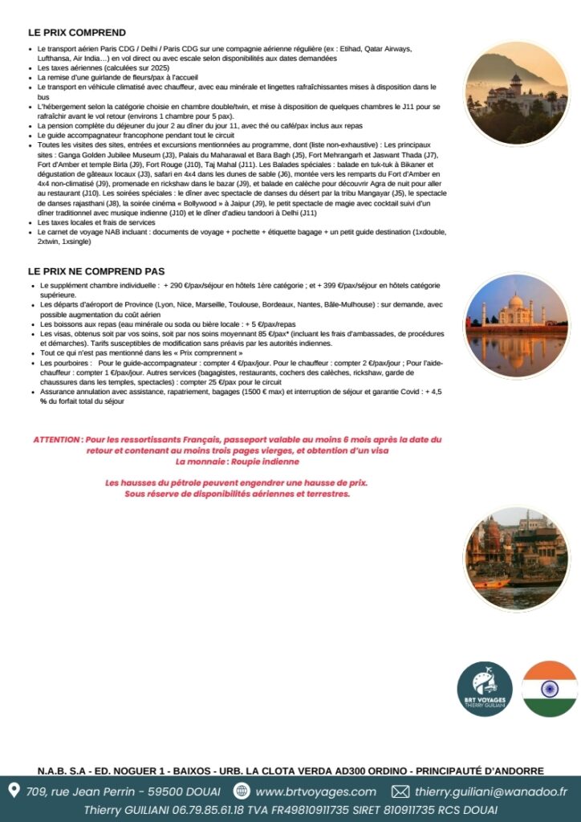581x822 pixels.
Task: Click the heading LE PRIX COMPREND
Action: (x=77, y=33)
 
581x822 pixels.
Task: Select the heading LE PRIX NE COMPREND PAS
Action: (x=96, y=271)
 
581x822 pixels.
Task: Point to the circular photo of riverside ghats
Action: (x=515, y=559)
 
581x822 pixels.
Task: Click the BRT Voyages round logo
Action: (x=485, y=689)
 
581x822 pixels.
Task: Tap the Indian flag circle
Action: (x=550, y=689)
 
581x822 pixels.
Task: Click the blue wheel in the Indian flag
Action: (x=550, y=689)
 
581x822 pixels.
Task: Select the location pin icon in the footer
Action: (x=14, y=791)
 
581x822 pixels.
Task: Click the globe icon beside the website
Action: (x=242, y=791)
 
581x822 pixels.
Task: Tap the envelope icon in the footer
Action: (x=400, y=791)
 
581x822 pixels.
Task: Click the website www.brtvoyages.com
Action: (x=315, y=791)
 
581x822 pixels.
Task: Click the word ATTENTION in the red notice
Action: (x=56, y=440)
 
